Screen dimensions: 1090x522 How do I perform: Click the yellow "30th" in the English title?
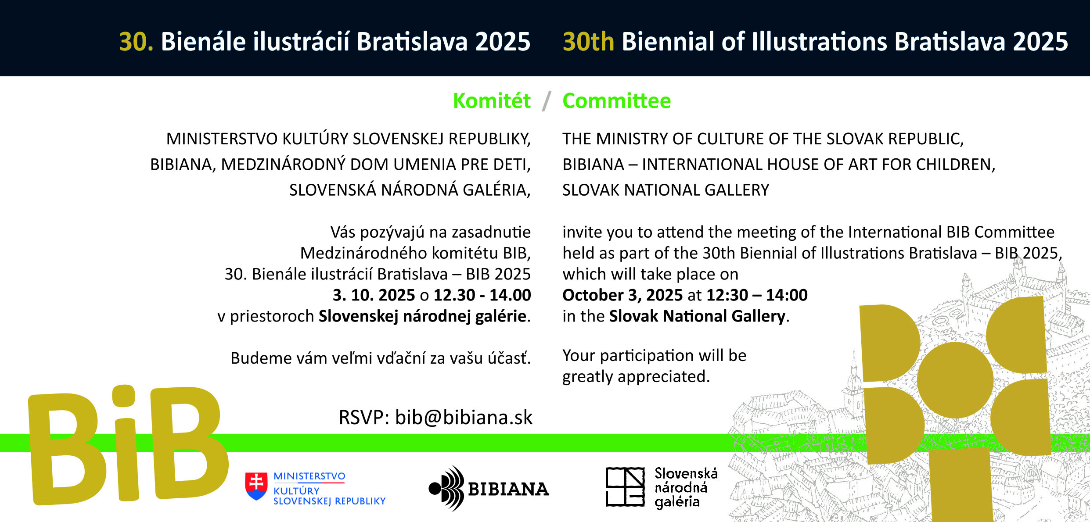click(588, 42)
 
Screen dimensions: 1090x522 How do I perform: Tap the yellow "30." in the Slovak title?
click(136, 42)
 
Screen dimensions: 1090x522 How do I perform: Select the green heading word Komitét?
click(492, 100)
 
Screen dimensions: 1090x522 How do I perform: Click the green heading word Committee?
click(617, 100)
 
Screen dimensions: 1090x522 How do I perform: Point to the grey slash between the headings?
click(547, 101)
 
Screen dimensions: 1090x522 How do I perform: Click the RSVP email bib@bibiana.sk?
click(464, 417)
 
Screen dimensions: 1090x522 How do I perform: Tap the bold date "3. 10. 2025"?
click(374, 295)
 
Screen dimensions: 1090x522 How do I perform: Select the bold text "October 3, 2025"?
click(622, 295)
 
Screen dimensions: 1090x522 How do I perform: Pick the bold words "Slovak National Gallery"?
click(698, 316)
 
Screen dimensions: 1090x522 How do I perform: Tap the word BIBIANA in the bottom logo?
click(508, 489)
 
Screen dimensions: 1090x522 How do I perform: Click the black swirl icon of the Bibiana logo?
click(446, 488)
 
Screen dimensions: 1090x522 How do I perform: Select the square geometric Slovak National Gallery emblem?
click(625, 487)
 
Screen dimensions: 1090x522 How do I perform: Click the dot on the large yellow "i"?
click(123, 396)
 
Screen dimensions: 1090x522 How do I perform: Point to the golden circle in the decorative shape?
click(955, 380)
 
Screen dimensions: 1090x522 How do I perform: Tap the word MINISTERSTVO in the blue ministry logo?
click(309, 476)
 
